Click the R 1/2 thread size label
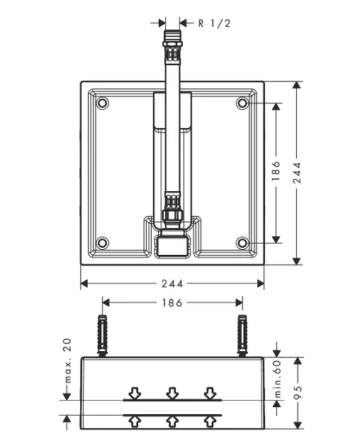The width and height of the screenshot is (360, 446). click(214, 23)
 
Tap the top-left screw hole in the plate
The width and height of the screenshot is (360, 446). click(103, 103)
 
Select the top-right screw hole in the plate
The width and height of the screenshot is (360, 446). click(242, 103)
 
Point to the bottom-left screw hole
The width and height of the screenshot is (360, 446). click(103, 243)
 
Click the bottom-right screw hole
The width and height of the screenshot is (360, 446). click(242, 243)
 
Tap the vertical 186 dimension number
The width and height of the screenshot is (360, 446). click(276, 171)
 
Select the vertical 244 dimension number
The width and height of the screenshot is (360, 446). click(297, 172)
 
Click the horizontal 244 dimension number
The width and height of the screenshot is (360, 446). click(172, 284)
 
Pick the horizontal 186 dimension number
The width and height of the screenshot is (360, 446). click(172, 303)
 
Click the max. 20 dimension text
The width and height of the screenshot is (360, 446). click(67, 360)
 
